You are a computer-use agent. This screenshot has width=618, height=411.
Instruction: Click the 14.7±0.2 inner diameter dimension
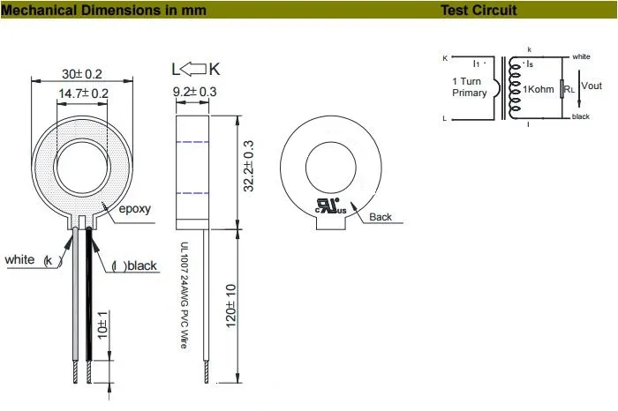84,93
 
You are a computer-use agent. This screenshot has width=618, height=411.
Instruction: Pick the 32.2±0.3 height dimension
248,166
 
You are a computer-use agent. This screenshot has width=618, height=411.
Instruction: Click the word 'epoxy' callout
135,209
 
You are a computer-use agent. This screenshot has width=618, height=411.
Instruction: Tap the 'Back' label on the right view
381,217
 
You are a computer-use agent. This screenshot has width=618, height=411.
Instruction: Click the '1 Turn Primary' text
469,86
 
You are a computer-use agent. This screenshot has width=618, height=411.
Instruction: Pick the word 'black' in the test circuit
580,116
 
